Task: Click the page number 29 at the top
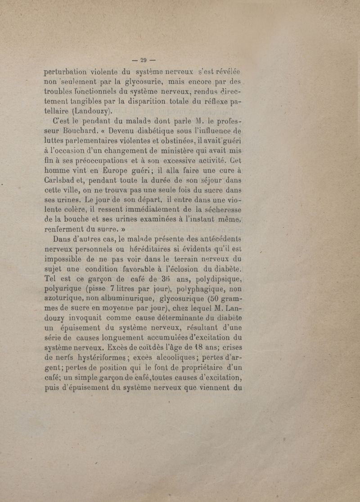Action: click(144, 59)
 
